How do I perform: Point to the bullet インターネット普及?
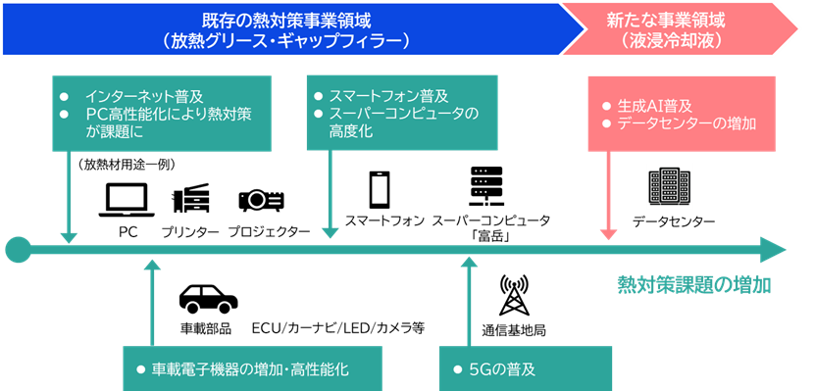point(143,97)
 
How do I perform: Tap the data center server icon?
point(670,186)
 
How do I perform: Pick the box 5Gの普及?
point(525,369)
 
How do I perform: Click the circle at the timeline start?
point(18,250)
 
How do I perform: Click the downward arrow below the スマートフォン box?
point(331,196)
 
